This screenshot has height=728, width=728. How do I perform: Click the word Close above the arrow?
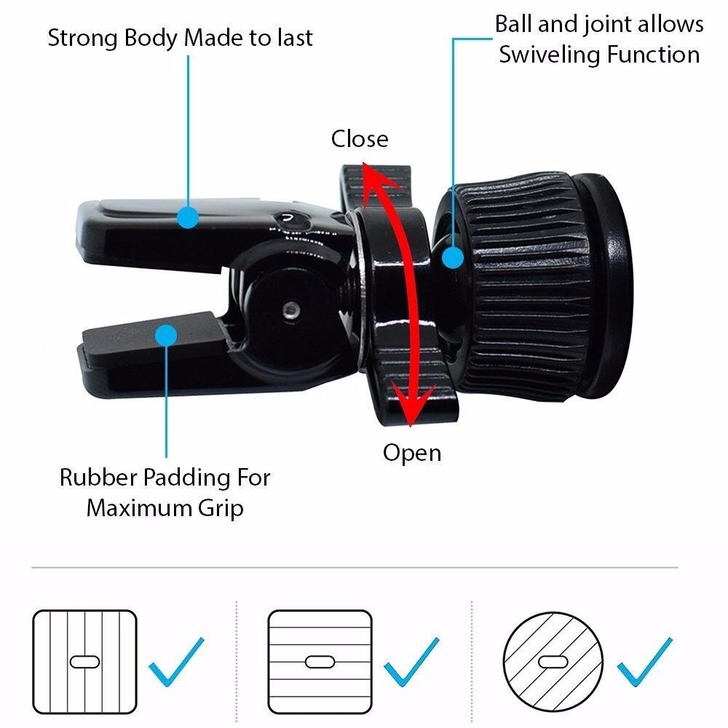tap(360, 139)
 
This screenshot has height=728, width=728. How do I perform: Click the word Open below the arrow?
tap(412, 453)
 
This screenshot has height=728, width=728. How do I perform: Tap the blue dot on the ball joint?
tap(453, 258)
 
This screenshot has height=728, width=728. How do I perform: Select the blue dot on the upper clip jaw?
tap(189, 216)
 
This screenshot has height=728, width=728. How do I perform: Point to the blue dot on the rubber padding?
tap(167, 336)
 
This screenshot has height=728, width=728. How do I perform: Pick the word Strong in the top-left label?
tap(78, 39)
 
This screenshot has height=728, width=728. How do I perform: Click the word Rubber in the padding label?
tap(98, 478)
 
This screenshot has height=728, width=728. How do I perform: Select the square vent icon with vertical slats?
tap(84, 661)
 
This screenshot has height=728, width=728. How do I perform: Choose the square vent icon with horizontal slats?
tap(320, 661)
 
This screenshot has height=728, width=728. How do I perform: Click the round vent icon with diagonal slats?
tap(554, 661)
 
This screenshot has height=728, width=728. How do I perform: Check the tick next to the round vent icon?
tap(645, 662)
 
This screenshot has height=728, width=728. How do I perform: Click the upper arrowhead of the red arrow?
tap(373, 175)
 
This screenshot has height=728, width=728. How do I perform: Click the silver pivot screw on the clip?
tap(291, 309)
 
